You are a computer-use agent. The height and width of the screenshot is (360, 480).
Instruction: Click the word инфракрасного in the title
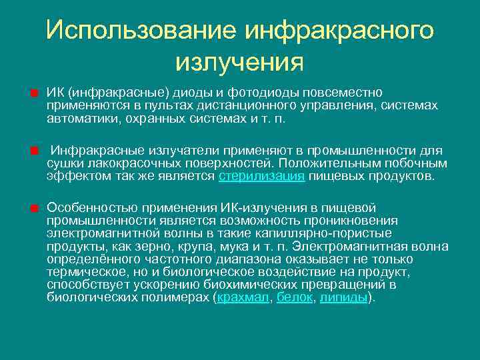[x=340, y=30]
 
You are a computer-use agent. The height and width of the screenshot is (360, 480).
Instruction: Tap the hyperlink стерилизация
[x=262, y=176]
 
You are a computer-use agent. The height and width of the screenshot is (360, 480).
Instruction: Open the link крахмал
[x=243, y=297]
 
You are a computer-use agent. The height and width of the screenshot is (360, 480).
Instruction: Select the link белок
[x=294, y=297]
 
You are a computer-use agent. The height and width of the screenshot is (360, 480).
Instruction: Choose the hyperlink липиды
[x=343, y=297]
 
